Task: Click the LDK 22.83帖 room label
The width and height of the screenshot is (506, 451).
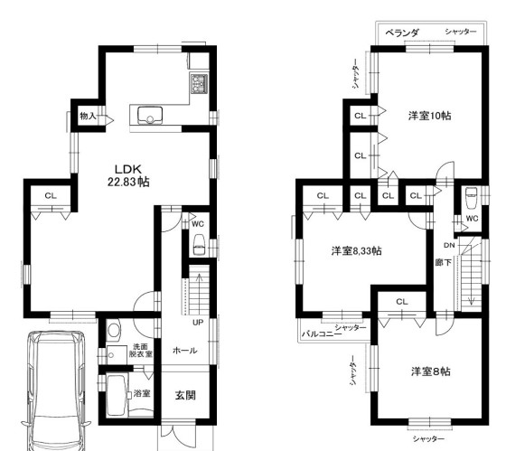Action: coord(128,175)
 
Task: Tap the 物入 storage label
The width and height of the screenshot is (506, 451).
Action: coord(88,116)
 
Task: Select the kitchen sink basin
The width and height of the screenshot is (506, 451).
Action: coord(150,116)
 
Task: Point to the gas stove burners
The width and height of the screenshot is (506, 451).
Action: coord(199,84)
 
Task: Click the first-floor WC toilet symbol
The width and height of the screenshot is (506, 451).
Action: coord(199,245)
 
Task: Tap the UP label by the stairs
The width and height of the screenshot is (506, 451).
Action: coord(198,322)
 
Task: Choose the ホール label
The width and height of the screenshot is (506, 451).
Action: coord(184,351)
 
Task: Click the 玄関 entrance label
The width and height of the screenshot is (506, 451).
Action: coord(185,395)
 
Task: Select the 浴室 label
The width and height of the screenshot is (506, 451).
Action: coord(142,393)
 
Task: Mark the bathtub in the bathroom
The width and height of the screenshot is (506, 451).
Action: coord(117,395)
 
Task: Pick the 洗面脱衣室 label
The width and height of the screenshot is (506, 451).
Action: coord(140,350)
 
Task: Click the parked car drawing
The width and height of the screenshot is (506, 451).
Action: coord(56,390)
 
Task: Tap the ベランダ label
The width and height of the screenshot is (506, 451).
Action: coord(402,33)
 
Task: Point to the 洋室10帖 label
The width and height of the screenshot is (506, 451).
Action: coord(429,116)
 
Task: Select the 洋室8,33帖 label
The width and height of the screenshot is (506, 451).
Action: coord(356,250)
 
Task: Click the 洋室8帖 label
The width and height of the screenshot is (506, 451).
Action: coord(430,371)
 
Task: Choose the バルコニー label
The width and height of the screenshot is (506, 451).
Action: coord(321,334)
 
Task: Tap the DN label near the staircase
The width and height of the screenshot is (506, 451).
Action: coord(449,245)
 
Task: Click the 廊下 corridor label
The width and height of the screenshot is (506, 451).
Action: coord(443,263)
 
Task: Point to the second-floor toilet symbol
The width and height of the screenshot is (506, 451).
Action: coord(472,197)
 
